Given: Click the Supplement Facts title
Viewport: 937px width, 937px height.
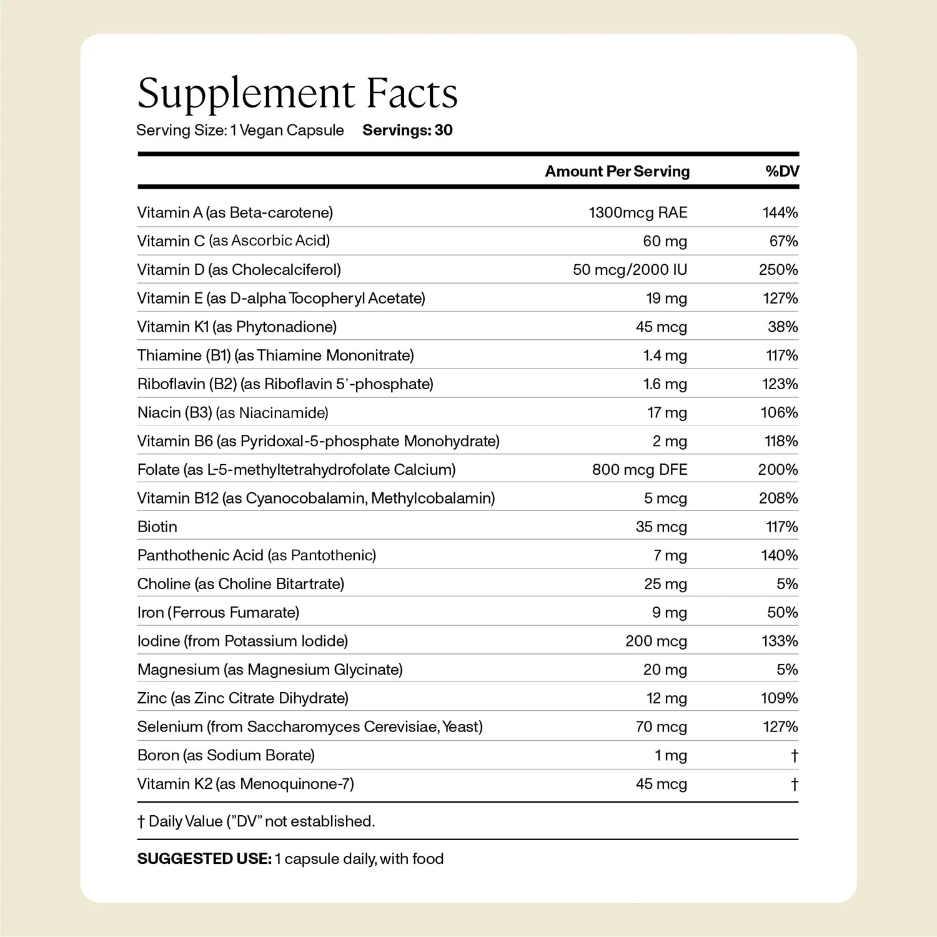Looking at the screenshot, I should pos(297,94).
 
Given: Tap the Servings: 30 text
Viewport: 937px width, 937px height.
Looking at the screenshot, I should pos(407,130).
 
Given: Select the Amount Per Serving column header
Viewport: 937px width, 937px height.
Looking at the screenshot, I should pos(617,171).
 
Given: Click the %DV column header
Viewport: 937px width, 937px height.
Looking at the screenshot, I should pos(782,171).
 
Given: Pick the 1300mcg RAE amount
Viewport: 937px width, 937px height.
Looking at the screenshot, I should pos(638,212).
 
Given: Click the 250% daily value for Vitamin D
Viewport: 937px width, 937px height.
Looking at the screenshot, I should pos(779,270).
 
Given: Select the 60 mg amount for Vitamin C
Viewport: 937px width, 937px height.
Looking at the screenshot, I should pos(665,241).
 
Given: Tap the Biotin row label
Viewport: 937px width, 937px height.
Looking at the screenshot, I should pos(157,527).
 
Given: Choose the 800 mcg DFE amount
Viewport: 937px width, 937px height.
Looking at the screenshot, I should pos(640,470).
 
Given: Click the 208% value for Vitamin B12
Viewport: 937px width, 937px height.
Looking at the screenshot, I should pos(779,498).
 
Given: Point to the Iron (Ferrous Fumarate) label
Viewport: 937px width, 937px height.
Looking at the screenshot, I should pos(218,612).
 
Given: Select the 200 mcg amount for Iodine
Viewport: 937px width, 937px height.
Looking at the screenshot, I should pos(656,641).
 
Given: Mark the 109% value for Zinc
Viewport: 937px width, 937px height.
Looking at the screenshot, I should pos(779,698).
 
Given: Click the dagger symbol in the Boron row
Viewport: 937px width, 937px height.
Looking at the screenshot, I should pos(794,756).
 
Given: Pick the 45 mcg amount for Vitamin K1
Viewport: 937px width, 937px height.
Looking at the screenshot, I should pos(661,327).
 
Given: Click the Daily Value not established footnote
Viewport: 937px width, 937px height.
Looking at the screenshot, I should pos(256,821).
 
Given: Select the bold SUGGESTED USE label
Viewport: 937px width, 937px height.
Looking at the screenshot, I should pos(204,859).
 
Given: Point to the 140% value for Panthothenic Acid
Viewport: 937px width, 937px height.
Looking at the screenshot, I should pos(779,555).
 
